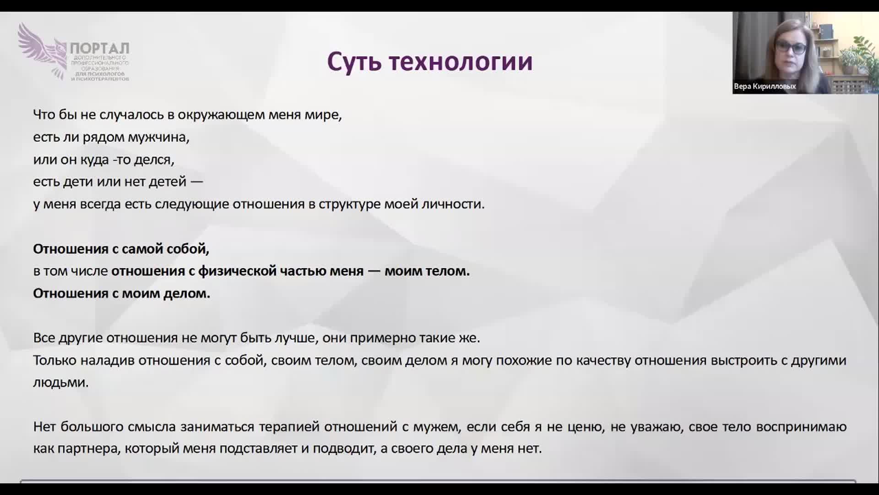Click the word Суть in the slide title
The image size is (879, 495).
point(354,61)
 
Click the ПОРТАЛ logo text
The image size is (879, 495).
point(100,48)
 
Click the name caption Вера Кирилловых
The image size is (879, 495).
point(765,86)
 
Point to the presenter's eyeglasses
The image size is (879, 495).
point(791,48)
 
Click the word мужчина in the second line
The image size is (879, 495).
point(158,137)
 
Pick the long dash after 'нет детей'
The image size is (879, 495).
point(196,182)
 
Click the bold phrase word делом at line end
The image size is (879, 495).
point(187,293)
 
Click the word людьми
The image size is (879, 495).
point(60,383)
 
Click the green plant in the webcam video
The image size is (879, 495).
point(860,53)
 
